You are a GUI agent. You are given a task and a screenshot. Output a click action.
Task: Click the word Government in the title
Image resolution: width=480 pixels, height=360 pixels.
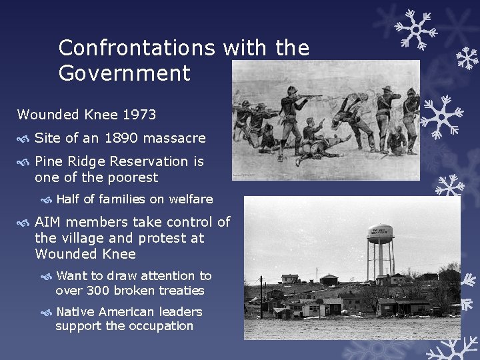[125, 73]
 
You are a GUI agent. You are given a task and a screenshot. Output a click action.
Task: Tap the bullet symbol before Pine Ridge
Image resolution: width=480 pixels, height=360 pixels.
[24, 162]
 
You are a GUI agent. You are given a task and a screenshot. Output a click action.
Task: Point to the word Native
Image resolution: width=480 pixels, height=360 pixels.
[75, 311]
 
